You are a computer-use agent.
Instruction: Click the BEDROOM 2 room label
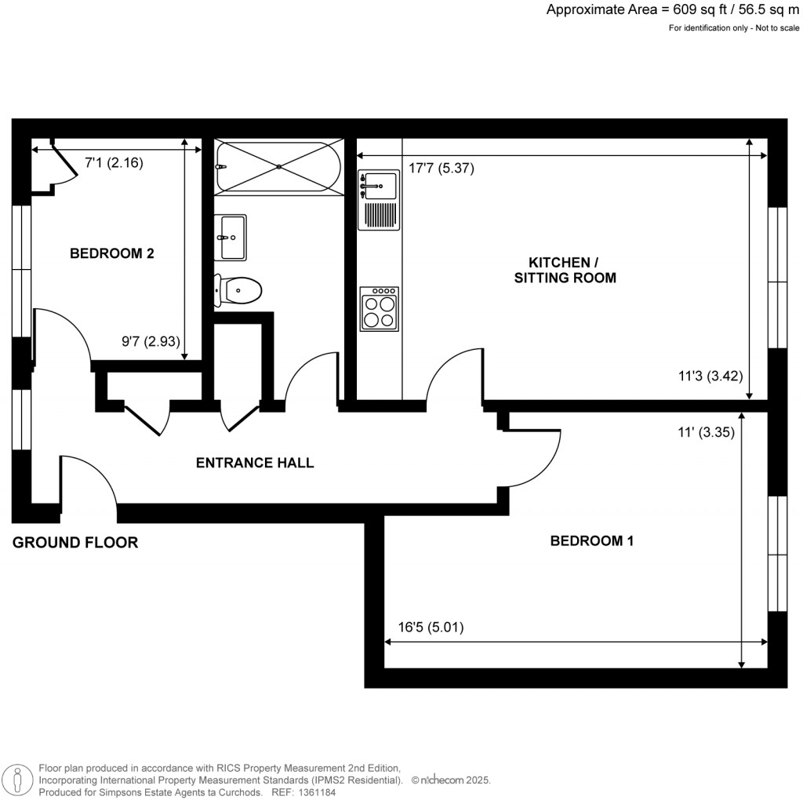[x=111, y=253]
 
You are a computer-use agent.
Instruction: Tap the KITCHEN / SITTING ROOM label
[x=565, y=270]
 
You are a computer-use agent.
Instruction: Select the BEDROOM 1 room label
[x=591, y=540]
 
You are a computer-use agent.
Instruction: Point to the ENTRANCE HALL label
[x=254, y=463]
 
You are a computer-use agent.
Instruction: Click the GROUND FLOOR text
[x=75, y=542]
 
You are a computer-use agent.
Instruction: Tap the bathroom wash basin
[x=231, y=237]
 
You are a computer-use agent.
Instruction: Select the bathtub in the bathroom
[x=278, y=167]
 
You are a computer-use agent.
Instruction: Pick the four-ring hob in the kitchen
[x=380, y=308]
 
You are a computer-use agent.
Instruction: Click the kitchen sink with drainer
[x=379, y=201]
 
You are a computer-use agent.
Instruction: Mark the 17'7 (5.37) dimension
[x=441, y=168]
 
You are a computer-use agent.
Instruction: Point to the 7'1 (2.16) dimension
[x=114, y=163]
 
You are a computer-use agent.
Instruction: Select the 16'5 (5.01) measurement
[x=432, y=627]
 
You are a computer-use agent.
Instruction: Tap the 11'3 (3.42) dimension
[x=710, y=375]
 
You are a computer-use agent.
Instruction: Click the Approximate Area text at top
[x=672, y=10]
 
